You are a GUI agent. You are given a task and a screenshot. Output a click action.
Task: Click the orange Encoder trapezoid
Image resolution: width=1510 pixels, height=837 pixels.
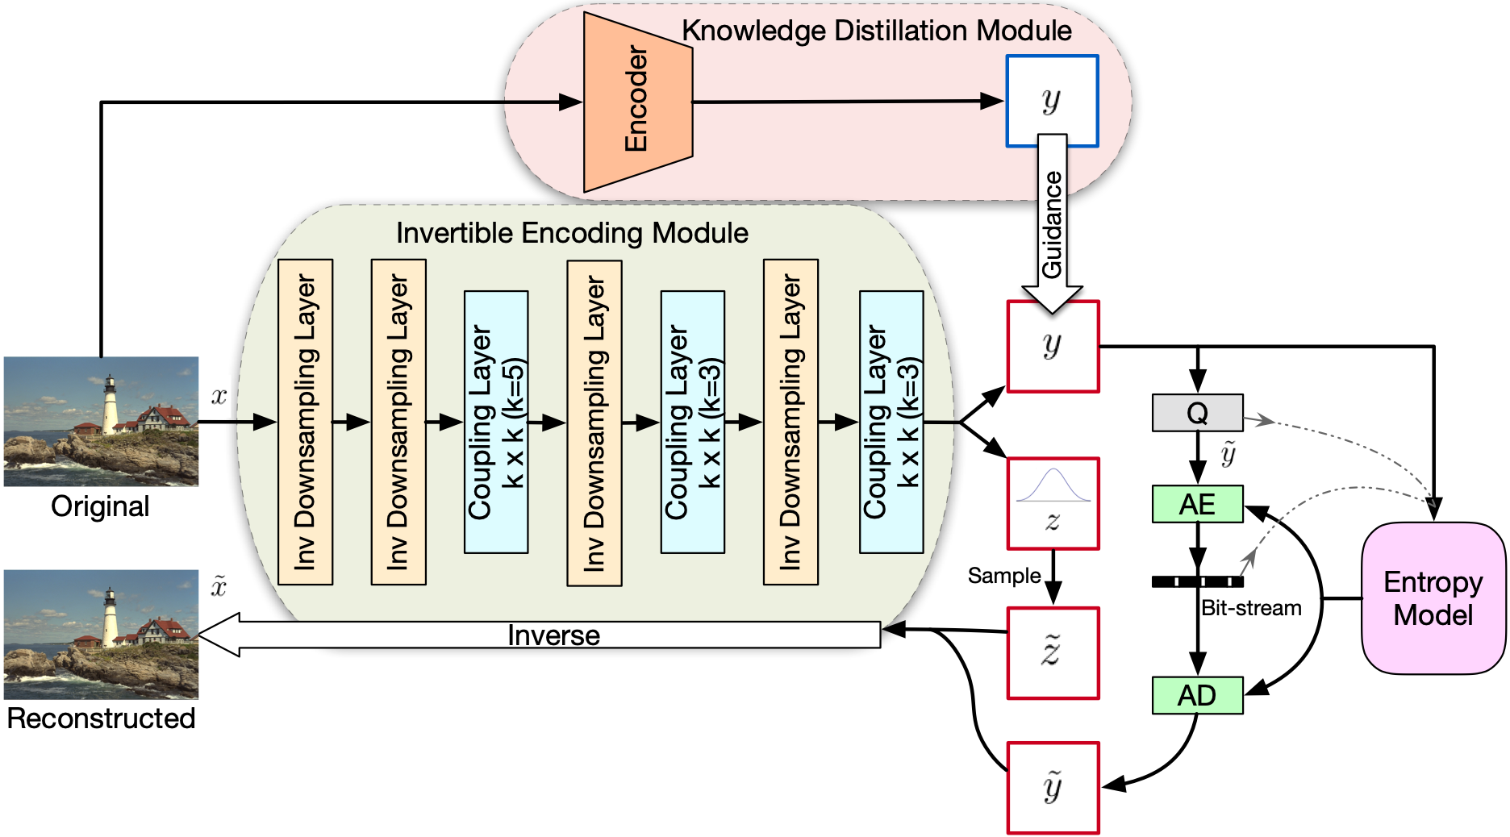tap(638, 102)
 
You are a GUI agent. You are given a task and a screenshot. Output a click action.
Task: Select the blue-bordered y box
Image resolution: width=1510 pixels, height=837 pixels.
tap(1052, 101)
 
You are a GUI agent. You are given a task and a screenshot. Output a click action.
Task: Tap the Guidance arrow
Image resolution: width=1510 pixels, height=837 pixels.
tap(1052, 223)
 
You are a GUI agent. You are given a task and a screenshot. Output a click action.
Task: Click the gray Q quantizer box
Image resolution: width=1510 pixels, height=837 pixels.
tap(1198, 413)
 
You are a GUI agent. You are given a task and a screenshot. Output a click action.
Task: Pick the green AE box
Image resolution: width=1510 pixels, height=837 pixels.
tap(1198, 504)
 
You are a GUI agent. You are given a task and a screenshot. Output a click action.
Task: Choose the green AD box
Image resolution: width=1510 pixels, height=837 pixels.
tap(1198, 695)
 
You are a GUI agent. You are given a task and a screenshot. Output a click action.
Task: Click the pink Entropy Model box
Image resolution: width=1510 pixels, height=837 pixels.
tap(1433, 598)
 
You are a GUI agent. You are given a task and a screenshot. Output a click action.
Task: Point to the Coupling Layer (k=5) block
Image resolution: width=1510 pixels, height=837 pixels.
tap(496, 422)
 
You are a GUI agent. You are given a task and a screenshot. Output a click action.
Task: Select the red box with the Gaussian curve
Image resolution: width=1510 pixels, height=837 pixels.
tap(1053, 504)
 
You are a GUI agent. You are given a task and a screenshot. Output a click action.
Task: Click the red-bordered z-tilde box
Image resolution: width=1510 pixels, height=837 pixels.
tap(1053, 653)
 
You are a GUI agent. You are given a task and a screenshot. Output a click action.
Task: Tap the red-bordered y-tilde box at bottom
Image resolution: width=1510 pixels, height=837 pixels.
tap(1053, 788)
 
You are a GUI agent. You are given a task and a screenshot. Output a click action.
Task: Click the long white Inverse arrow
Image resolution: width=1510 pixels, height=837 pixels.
tap(539, 635)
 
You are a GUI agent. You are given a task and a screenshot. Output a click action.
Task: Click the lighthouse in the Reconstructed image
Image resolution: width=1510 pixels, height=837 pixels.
tap(110, 618)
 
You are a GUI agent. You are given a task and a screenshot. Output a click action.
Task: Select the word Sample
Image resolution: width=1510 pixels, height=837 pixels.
tap(1004, 576)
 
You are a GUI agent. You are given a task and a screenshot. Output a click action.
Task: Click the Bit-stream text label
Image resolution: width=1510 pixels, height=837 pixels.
tap(1251, 608)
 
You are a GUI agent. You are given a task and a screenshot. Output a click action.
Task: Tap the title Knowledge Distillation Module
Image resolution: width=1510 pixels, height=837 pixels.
tap(877, 31)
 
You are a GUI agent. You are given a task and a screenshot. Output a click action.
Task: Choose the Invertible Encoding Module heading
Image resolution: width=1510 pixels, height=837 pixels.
tap(572, 233)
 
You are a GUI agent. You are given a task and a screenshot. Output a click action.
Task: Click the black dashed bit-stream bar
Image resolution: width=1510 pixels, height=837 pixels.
tap(1198, 581)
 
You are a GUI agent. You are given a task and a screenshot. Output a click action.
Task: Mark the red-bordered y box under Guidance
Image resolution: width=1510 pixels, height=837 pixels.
tap(1053, 347)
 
